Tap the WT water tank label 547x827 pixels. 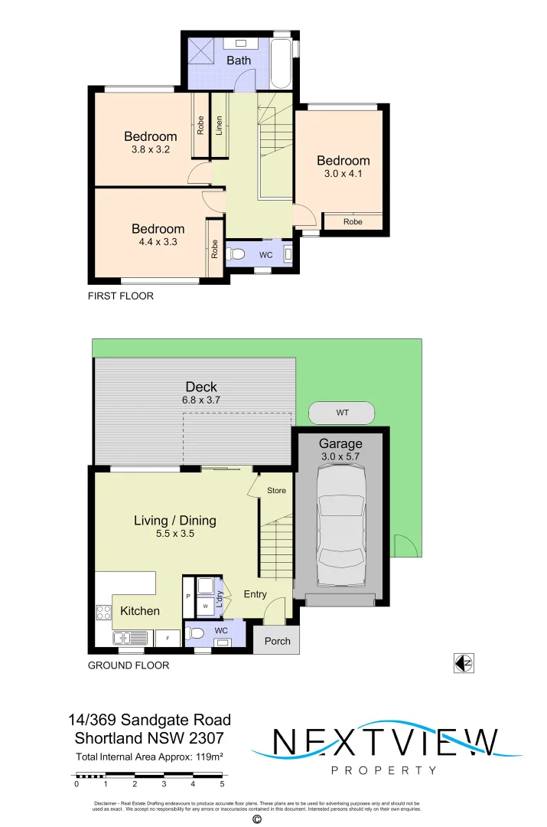342,413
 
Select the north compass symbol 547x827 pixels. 464,664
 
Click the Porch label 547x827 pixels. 277,641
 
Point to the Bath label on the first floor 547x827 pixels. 238,60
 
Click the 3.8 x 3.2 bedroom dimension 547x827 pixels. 150,150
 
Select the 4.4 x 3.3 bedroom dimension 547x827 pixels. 158,242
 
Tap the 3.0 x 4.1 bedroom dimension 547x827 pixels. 344,174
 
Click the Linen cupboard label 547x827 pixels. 220,125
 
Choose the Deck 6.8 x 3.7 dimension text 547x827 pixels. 200,400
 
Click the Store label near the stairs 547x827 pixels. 276,490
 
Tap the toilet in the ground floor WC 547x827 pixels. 196,633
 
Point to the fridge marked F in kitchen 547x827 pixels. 168,637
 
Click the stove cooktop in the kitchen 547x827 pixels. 103,612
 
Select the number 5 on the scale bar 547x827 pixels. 222,783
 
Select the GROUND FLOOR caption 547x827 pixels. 129,665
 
